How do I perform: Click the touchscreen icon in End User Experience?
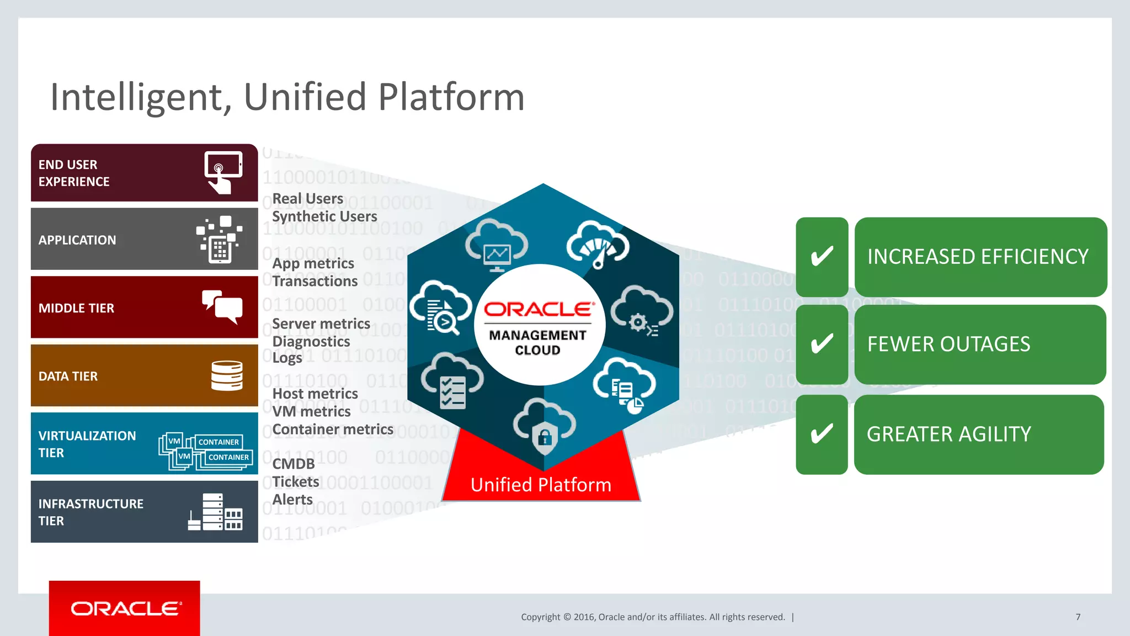[223, 172]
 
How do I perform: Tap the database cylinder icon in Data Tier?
[227, 375]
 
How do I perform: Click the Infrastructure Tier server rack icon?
[215, 512]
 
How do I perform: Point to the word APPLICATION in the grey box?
[77, 240]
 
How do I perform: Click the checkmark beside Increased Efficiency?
[822, 257]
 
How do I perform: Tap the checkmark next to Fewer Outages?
[822, 344]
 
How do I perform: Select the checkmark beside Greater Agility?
[822, 434]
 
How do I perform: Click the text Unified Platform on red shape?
[541, 485]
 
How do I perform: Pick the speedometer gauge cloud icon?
[598, 245]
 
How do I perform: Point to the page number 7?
[1078, 617]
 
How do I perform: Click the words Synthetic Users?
[324, 216]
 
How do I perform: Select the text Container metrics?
[333, 430]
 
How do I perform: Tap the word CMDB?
[294, 464]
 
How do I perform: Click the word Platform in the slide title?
[451, 97]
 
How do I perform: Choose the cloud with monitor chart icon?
[496, 246]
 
